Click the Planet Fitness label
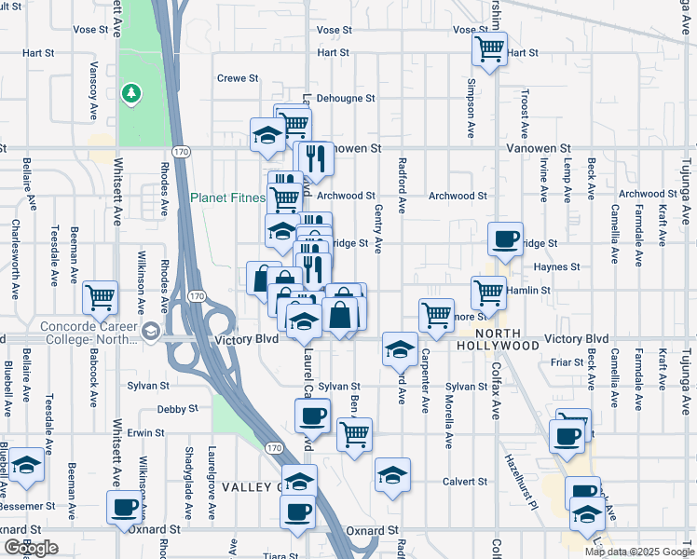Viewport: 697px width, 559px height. pyautogui.click(x=227, y=198)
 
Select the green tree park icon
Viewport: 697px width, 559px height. pyautogui.click(x=133, y=92)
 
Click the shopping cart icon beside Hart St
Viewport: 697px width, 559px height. pyautogui.click(x=489, y=48)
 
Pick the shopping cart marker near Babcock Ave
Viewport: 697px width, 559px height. pyautogui.click(x=100, y=298)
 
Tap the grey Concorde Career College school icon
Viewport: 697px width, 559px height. pyautogui.click(x=149, y=331)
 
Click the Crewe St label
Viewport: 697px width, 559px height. pyautogui.click(x=236, y=78)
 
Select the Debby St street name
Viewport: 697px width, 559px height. pyautogui.click(x=178, y=409)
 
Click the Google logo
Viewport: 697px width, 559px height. pyautogui.click(x=31, y=548)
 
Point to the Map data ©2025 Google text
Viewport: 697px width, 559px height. pyautogui.click(x=638, y=552)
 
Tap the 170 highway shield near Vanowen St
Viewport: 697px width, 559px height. pyautogui.click(x=182, y=150)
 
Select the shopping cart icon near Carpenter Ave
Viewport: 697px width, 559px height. pyautogui.click(x=436, y=315)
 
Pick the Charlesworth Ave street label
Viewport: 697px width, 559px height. pyautogui.click(x=15, y=259)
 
